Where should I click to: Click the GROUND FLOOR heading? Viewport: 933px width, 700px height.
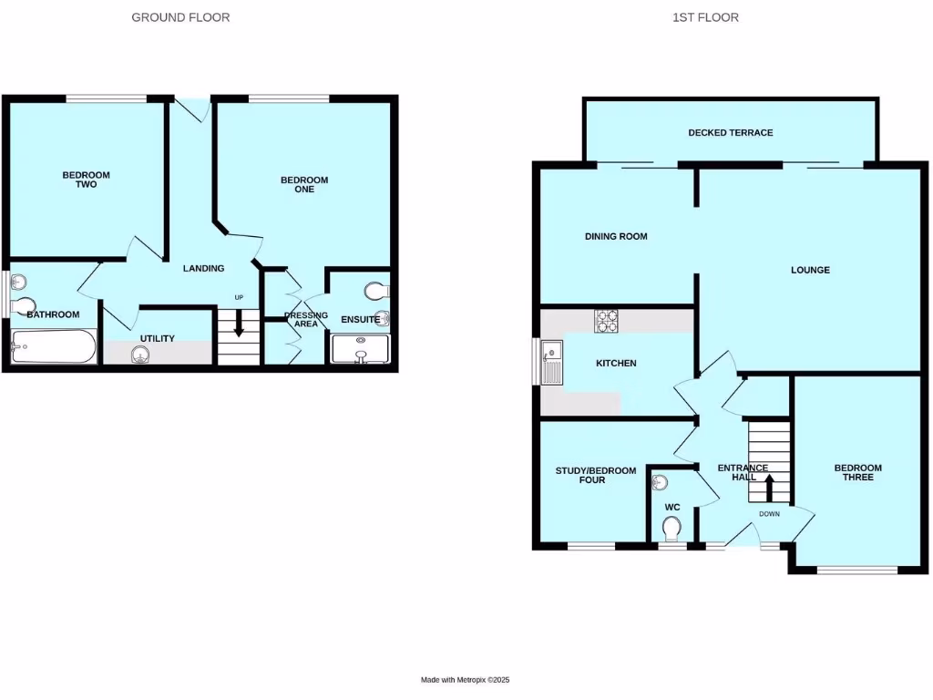[x=180, y=17]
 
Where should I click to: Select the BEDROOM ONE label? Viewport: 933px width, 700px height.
[x=304, y=185]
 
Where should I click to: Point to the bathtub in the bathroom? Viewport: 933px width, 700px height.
[x=53, y=347]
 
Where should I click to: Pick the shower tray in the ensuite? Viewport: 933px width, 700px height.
[x=361, y=350]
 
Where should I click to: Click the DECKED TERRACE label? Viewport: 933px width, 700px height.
[x=730, y=133]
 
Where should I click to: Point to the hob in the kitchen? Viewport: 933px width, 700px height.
[x=607, y=321]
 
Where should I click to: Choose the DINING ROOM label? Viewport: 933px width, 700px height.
[x=616, y=237]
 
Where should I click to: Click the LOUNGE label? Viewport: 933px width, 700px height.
[x=810, y=270]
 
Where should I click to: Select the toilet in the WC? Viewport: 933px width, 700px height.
[x=672, y=529]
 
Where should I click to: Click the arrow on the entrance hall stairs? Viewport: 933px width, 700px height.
[x=768, y=488]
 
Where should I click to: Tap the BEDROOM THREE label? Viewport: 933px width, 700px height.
[x=857, y=472]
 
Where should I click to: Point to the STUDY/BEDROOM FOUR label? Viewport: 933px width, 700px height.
[x=596, y=475]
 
